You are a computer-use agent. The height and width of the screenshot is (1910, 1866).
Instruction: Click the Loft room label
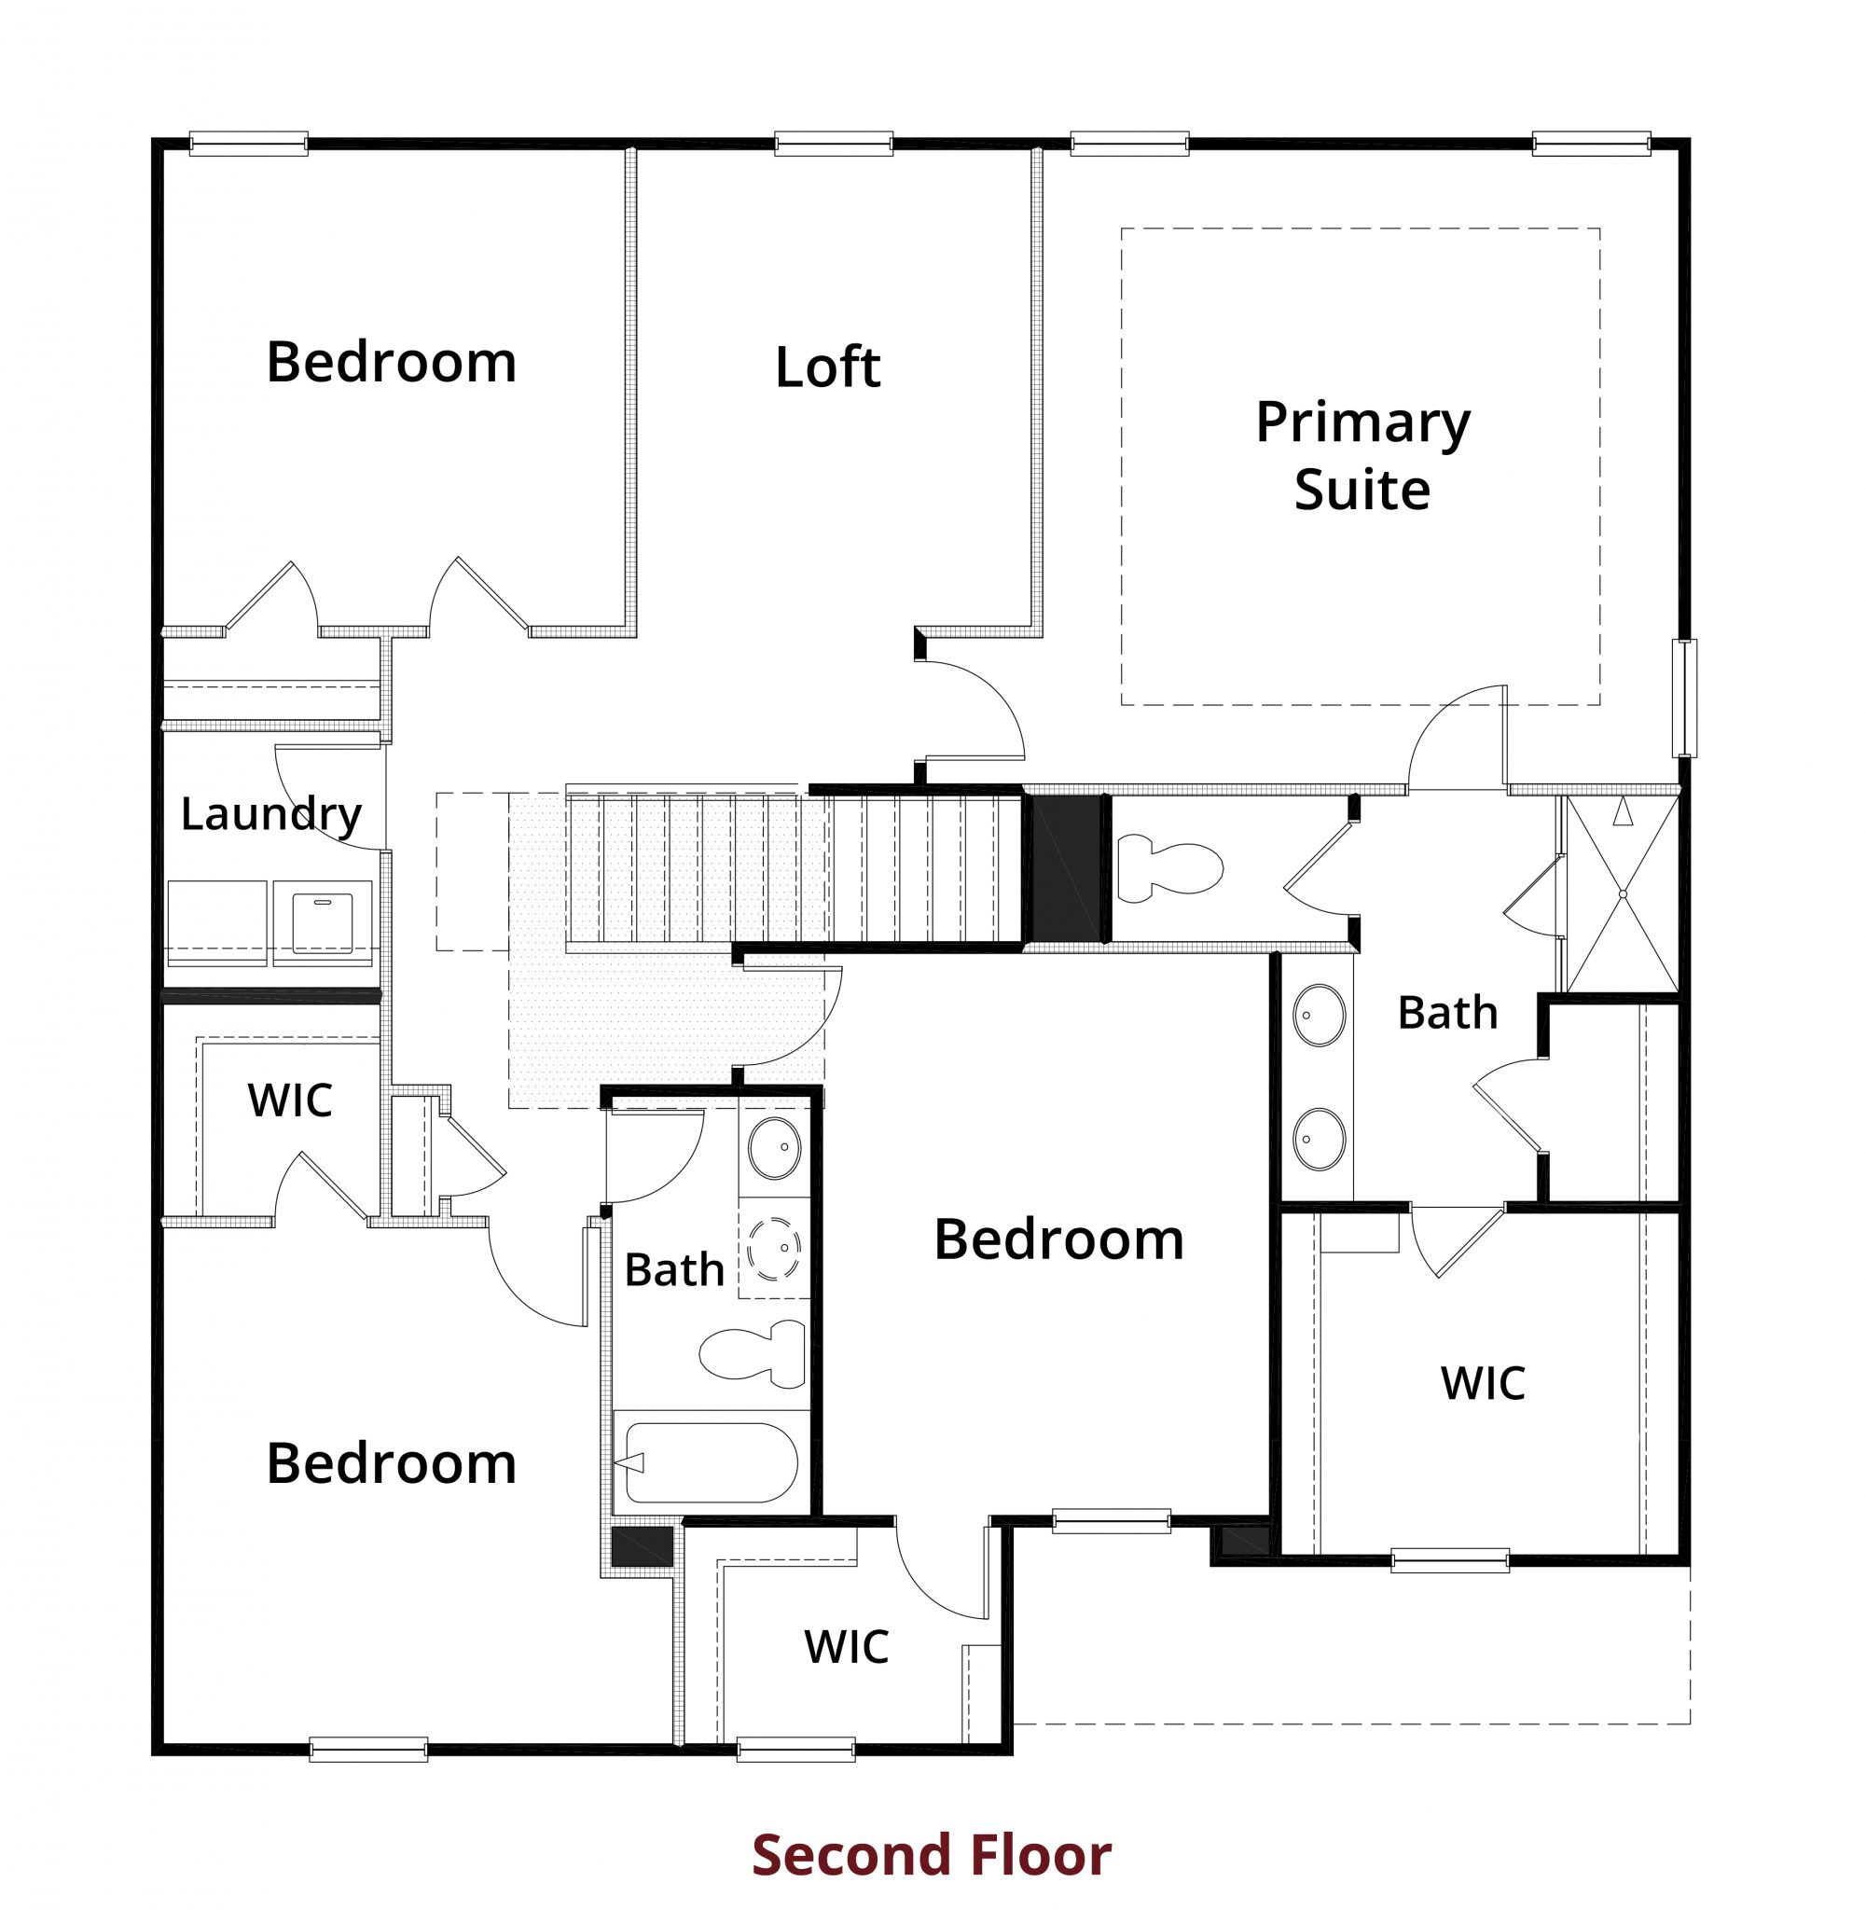827,367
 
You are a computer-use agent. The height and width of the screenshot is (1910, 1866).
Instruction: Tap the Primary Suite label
1362,456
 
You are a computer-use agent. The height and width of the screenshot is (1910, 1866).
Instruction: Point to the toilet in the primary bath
1170,867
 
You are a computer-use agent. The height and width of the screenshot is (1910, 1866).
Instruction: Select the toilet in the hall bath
753,1353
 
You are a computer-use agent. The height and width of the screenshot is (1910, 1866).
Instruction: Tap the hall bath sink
774,1147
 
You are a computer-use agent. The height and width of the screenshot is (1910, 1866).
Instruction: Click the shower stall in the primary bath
1622,893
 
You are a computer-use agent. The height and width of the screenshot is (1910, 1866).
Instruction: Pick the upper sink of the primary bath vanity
1320,1016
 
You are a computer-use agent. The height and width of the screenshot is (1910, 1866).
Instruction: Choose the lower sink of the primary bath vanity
1320,1139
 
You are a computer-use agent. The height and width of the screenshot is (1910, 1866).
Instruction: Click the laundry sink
323,923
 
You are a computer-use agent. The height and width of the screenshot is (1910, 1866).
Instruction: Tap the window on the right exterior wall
1684,698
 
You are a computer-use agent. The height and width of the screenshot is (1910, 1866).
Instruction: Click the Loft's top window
833,144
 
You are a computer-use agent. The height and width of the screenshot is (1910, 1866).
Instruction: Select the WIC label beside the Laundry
290,1100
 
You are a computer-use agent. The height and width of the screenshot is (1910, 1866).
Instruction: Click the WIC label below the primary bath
1483,1384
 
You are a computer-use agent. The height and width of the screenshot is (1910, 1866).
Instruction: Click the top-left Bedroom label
391,363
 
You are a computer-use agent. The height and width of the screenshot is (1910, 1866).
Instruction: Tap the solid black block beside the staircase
1066,868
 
